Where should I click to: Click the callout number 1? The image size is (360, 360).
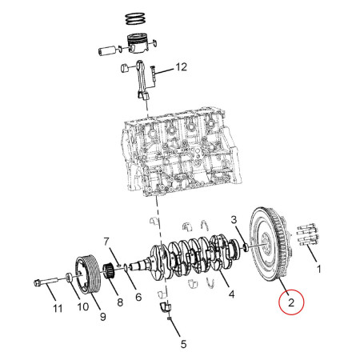pyautogui.click(x=320, y=271)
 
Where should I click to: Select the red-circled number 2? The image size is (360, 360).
pyautogui.click(x=290, y=303)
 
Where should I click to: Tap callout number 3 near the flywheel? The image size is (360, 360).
pyautogui.click(x=234, y=219)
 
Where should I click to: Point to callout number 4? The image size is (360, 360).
pyautogui.click(x=231, y=294)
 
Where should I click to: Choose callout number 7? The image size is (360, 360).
pyautogui.click(x=105, y=241)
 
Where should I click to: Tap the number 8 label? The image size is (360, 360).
pyautogui.click(x=119, y=303)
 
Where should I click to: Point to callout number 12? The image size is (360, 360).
pyautogui.click(x=181, y=68)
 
